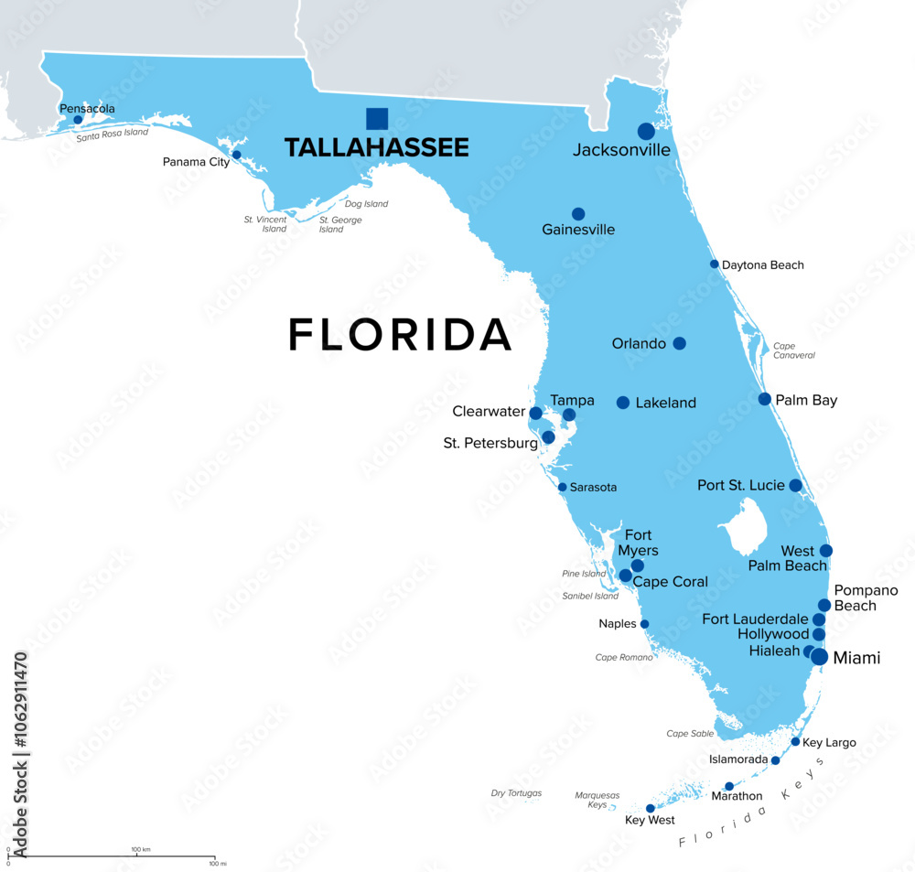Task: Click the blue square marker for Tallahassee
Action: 377,119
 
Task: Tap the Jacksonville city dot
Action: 646,131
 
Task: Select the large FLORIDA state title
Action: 400,335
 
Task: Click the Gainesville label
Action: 578,230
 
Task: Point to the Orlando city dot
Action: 679,343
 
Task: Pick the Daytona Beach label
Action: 763,265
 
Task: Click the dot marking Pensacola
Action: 78,120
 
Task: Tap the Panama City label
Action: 196,162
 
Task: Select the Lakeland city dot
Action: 623,403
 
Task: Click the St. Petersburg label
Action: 490,444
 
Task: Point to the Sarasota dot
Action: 562,487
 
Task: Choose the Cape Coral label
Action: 671,582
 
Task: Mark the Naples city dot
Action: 644,624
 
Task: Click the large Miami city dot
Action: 819,656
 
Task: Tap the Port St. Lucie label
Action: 741,485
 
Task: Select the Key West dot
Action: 651,808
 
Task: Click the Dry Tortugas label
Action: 516,793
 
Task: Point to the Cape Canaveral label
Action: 793,350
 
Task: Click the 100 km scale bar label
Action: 140,850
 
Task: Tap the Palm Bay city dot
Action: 765,399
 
